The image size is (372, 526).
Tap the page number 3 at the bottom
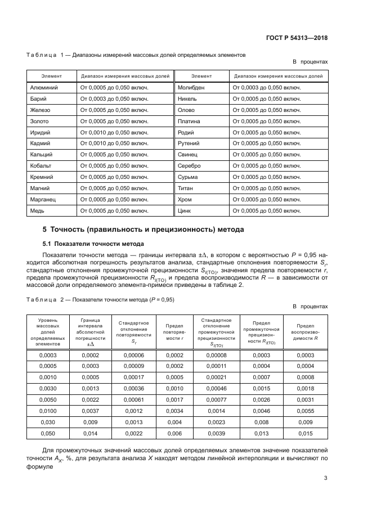tap(326, 479)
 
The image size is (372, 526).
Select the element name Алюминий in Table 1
tap(43, 88)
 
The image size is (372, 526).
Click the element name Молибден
tap(191, 88)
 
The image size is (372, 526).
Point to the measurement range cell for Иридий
tap(114, 132)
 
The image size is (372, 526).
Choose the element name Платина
tap(189, 121)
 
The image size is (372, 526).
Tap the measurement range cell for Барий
tap(114, 99)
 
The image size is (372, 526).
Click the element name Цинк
tap(185, 210)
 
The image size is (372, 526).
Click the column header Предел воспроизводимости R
tap(304, 332)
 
